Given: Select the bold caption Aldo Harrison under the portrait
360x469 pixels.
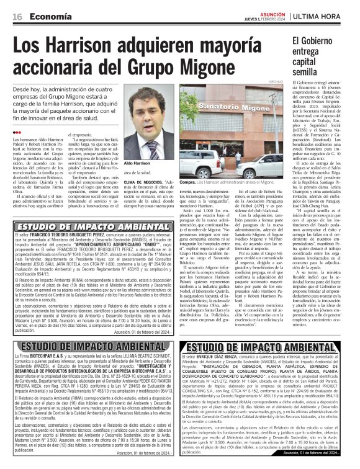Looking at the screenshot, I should point(137,163).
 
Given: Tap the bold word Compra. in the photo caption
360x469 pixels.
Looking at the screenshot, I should point(187,182).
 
